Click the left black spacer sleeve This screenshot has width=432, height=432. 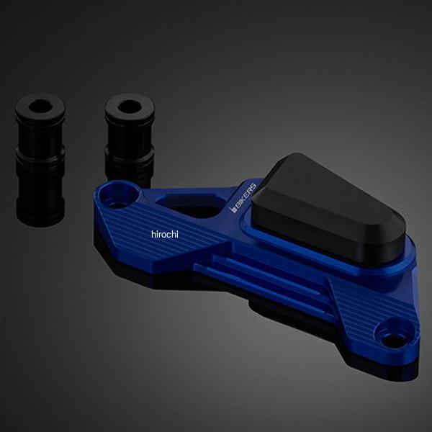(40, 160)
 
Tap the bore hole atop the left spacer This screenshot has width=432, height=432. (40, 106)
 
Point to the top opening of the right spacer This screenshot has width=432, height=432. (130, 107)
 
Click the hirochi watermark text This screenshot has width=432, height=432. (165, 234)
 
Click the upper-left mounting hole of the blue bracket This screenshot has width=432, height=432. (119, 196)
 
